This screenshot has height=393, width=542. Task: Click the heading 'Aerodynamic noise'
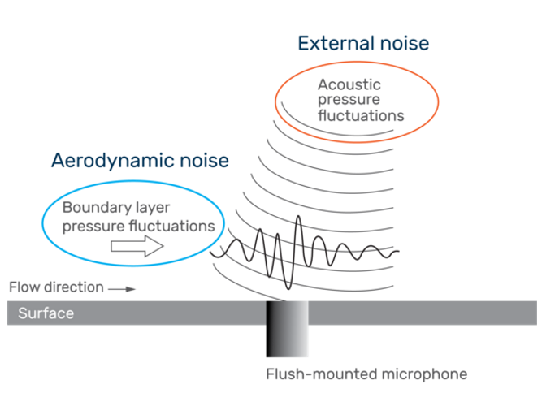pyautogui.click(x=140, y=160)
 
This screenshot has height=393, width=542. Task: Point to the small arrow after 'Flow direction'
pyautogui.click(x=118, y=287)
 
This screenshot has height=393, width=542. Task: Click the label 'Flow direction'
pyautogui.click(x=57, y=287)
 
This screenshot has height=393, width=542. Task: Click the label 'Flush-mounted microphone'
pyautogui.click(x=366, y=374)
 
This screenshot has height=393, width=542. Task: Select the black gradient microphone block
pyautogui.click(x=288, y=328)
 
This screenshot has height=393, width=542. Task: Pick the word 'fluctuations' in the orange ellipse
pyautogui.click(x=361, y=115)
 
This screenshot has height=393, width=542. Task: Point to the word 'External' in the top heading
pyautogui.click(x=329, y=43)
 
